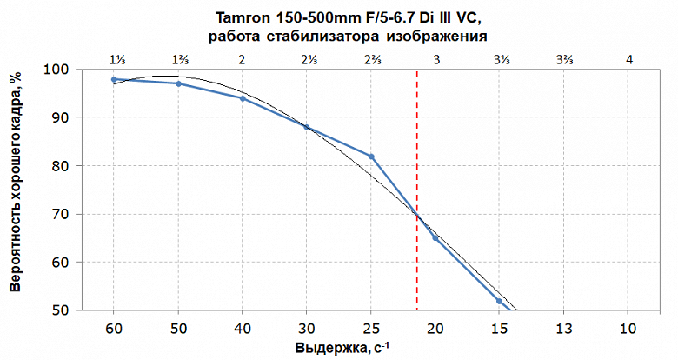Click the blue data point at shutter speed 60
(x=114, y=79)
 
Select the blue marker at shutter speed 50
(x=178, y=83)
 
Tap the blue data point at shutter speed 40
(x=242, y=98)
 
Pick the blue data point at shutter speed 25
(x=371, y=157)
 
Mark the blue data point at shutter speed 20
(x=435, y=238)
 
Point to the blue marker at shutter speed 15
(x=499, y=301)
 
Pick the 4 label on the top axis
(x=628, y=59)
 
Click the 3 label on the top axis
(x=435, y=59)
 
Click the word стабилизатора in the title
(x=335, y=37)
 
